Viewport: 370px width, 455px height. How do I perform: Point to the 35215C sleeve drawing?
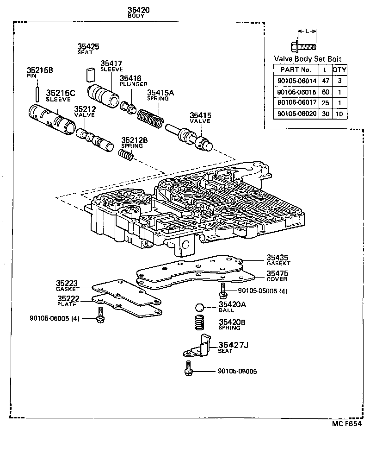point(51,119)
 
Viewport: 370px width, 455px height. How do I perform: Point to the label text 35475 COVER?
point(277,276)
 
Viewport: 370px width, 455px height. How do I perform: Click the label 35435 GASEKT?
point(277,261)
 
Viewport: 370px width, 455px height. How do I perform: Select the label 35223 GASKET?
point(68,285)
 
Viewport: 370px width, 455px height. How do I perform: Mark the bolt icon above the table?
point(302,46)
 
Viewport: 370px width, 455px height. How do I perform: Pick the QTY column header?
point(340,70)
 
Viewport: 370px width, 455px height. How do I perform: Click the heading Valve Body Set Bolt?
point(308,59)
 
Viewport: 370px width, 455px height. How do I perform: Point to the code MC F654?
point(345,423)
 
